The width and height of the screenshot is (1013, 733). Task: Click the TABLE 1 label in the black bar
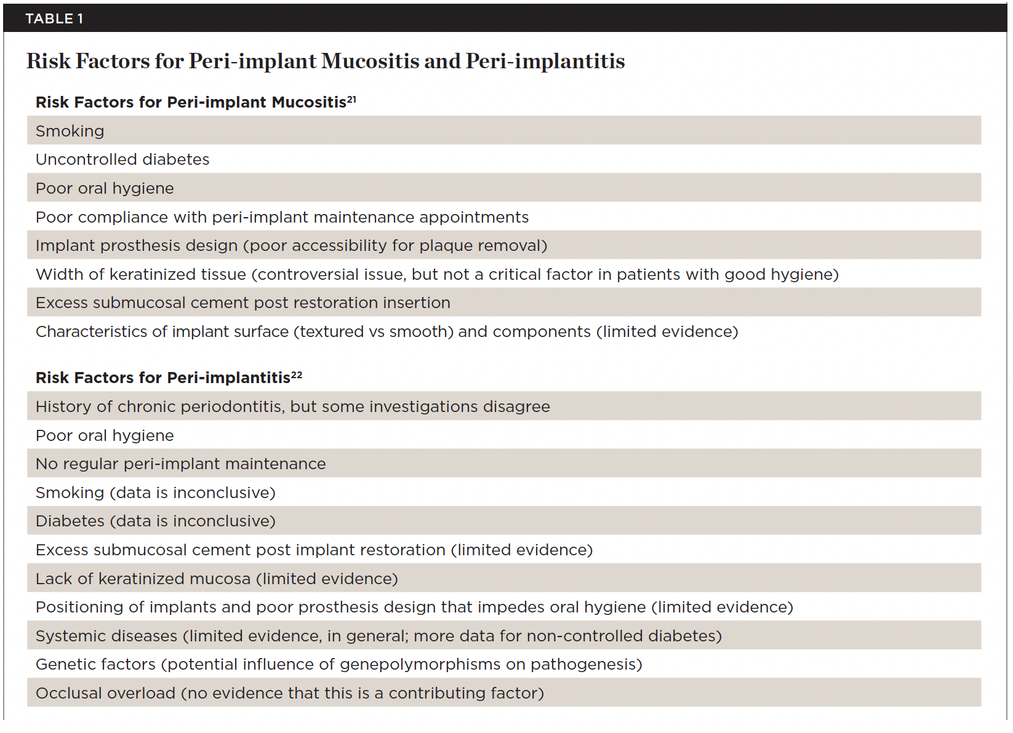(54, 18)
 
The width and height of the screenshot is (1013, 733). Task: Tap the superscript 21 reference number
(351, 98)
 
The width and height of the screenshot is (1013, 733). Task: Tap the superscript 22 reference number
(297, 374)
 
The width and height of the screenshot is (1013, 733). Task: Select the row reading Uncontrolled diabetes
(122, 159)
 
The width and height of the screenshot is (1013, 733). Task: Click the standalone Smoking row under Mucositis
(70, 131)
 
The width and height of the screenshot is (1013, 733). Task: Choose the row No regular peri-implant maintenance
(181, 464)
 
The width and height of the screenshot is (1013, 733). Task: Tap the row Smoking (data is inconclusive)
(156, 493)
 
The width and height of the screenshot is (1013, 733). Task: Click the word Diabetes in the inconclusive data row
(70, 521)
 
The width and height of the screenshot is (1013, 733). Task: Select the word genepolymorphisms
(432, 665)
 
